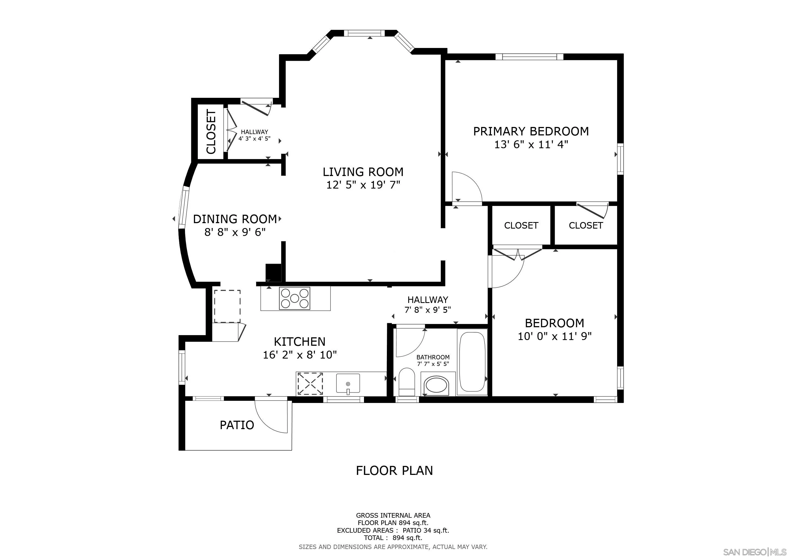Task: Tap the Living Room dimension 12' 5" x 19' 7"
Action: (363, 186)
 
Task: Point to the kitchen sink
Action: (348, 383)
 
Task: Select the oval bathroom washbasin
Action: (437, 386)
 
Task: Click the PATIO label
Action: (237, 425)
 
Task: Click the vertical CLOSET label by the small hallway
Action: (211, 132)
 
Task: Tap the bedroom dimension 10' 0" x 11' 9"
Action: (554, 336)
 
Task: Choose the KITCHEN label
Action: (299, 342)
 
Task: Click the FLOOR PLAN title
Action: (394, 470)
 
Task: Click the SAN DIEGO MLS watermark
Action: (755, 552)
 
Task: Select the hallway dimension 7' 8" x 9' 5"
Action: (427, 310)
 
